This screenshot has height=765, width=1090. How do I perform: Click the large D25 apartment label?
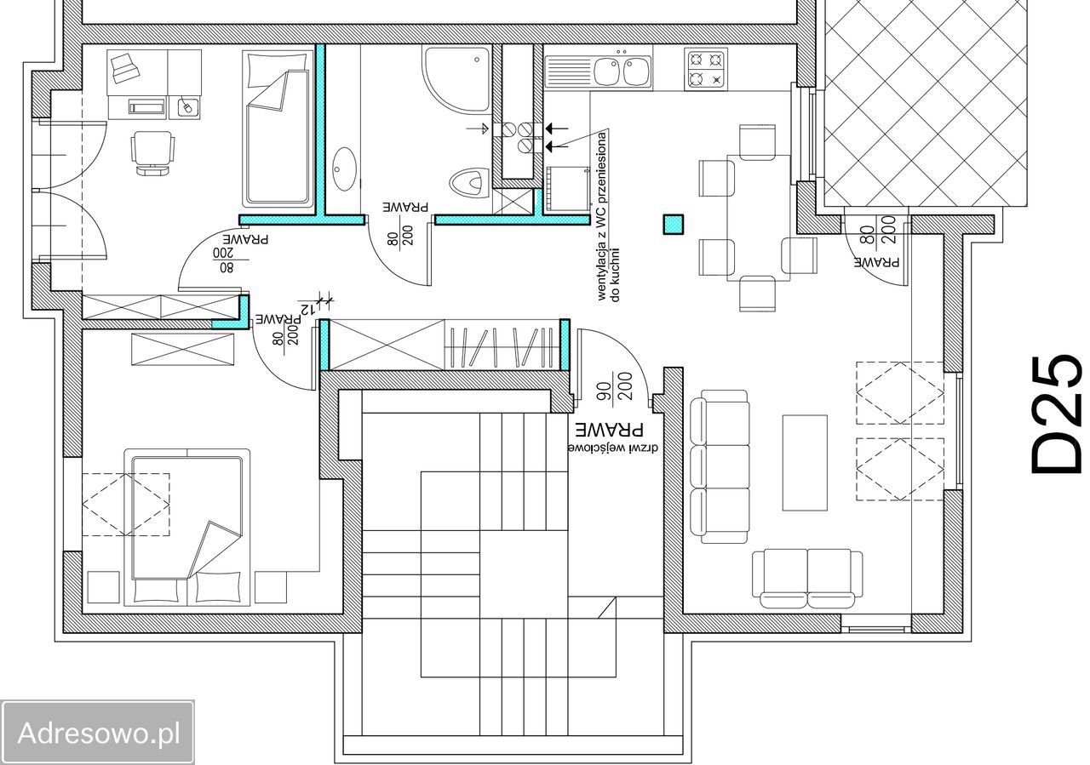click(1056, 420)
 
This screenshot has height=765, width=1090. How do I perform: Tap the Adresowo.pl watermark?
click(98, 733)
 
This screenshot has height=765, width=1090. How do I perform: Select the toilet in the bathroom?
click(469, 184)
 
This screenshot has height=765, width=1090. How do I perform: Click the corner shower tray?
click(456, 80)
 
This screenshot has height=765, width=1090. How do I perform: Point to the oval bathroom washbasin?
click(345, 168)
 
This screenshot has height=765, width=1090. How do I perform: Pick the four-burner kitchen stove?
click(706, 69)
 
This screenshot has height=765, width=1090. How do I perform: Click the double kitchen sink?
click(598, 72)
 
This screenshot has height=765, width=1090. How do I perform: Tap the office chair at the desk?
click(152, 152)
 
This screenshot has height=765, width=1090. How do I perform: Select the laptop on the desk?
click(123, 69)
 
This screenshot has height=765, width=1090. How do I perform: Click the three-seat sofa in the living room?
click(720, 467)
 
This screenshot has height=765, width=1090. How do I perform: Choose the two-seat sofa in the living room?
click(807, 579)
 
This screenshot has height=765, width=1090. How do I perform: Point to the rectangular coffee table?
click(805, 463)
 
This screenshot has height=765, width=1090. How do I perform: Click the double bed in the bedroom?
click(187, 528)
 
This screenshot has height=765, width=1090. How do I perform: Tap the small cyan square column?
click(674, 225)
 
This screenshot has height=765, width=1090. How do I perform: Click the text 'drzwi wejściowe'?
click(613, 448)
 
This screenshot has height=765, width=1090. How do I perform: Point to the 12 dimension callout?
click(307, 308)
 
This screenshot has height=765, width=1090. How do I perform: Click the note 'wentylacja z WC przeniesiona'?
click(602, 216)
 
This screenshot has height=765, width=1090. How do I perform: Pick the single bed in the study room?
click(278, 129)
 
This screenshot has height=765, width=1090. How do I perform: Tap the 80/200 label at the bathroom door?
click(399, 234)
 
